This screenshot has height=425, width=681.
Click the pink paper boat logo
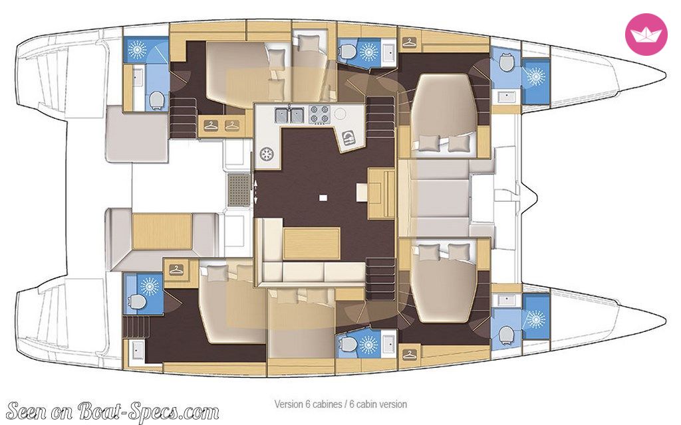click(646, 35)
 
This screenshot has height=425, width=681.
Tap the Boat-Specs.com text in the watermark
click(148, 410)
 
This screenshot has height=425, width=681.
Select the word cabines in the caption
click(326, 404)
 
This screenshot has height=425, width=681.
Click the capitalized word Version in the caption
click(288, 404)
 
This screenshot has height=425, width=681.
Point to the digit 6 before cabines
click(307, 404)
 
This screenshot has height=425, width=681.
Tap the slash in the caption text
click(346, 404)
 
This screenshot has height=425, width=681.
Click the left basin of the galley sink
click(281, 116)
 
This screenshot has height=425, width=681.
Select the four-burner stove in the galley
click(319, 114)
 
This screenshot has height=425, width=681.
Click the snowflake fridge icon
click(266, 154)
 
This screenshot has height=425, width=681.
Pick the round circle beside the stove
click(340, 114)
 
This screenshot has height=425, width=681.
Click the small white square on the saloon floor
click(323, 198)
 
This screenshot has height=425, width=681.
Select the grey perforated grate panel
click(239, 189)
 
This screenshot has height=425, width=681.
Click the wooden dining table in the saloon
click(311, 244)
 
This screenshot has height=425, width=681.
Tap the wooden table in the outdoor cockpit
click(162, 231)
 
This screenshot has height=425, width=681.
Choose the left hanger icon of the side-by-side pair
click(211, 126)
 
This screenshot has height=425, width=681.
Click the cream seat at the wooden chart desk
click(362, 192)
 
